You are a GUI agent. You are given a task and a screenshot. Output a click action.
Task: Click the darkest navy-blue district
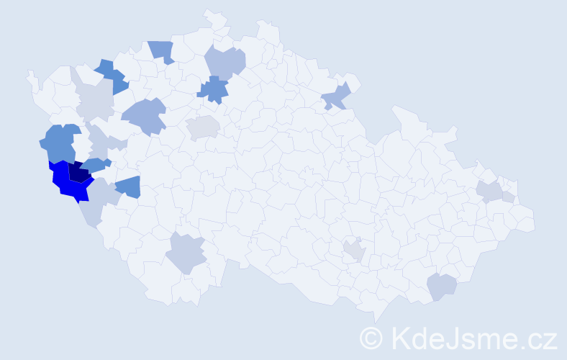(78, 173)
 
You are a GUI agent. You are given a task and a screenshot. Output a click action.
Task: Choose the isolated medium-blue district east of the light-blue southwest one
(129, 186)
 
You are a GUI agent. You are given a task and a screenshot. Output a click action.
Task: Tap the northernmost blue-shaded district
(163, 50)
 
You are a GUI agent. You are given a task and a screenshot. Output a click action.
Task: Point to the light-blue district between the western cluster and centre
(144, 115)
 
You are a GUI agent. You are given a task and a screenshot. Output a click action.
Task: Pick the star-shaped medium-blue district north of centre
(213, 89)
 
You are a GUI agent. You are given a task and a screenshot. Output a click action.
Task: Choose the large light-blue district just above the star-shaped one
(225, 63)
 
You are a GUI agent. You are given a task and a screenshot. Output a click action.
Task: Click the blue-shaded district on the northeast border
(336, 96)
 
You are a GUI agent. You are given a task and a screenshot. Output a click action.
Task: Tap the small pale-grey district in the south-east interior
(354, 250)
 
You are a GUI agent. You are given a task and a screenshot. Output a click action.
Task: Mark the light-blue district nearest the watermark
(441, 286)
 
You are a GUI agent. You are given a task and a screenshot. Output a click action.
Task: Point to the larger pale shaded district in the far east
(490, 191)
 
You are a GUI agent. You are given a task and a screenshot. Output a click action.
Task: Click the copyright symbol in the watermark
(371, 338)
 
